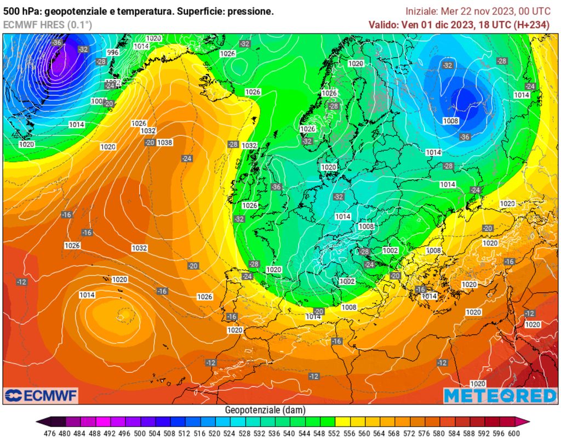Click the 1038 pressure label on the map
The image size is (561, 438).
click(165, 143)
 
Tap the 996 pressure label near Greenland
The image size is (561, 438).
click(113, 53)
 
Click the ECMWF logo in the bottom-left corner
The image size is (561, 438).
click(41, 395)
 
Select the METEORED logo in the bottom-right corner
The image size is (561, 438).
click(500, 395)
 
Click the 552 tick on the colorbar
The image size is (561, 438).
click(328, 433)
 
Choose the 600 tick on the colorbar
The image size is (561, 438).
click(513, 433)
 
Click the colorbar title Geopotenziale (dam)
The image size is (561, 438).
click(265, 410)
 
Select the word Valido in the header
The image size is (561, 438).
click(383, 24)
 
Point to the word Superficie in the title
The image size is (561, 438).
click(200, 11)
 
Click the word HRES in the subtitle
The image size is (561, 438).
click(52, 24)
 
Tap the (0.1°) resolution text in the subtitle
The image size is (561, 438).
click(79, 24)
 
